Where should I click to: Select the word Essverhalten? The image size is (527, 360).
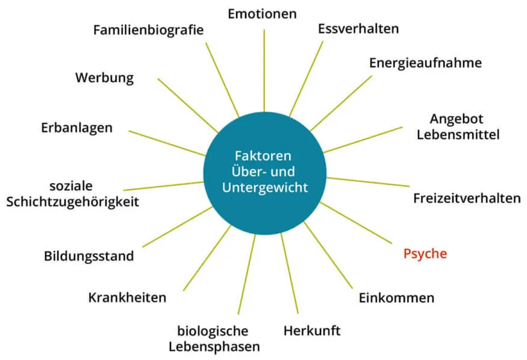358,28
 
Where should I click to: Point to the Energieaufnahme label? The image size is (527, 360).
425,63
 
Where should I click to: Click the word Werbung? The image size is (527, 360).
104,78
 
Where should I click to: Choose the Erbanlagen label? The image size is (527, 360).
76,128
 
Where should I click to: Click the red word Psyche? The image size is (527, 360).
425,253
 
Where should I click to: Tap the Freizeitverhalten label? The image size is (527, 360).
467,198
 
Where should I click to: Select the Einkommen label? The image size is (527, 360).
396,297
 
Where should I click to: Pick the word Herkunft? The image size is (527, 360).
312,331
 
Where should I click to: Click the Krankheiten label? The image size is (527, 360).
127,297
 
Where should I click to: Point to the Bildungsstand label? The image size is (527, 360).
89,256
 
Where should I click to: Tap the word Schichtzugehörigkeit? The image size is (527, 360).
72,202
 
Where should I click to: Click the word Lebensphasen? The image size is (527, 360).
214,347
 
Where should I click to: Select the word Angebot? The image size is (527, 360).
457,119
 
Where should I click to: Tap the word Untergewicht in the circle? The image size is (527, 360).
264,187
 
